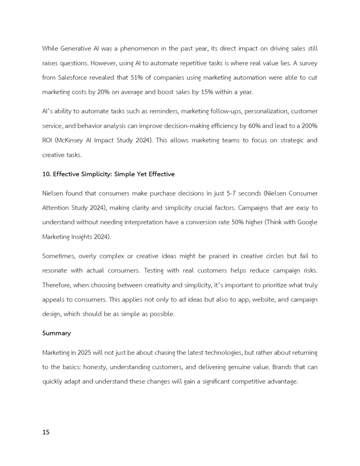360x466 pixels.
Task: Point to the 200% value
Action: tap(309, 126)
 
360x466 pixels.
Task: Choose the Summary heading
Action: tap(56, 333)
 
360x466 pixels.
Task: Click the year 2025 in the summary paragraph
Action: tap(84, 352)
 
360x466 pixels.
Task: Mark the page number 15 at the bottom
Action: tap(46, 432)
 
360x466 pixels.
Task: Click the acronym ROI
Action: tap(48, 141)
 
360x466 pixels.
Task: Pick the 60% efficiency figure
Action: tap(255, 126)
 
